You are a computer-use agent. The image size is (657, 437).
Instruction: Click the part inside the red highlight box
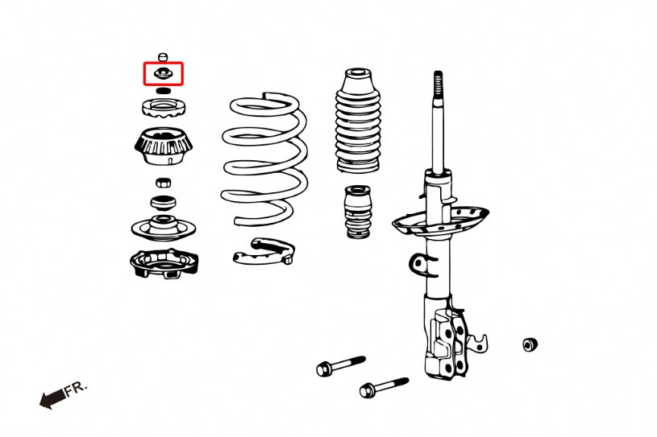coord(163,73)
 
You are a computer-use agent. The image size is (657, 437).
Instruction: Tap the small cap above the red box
coord(163,57)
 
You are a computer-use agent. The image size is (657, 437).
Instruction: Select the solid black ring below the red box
coord(164,91)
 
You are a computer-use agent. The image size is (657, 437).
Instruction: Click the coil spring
coord(264,159)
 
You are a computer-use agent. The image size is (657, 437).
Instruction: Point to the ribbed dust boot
coord(357,121)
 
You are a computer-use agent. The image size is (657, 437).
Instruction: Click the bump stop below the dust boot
coord(358,212)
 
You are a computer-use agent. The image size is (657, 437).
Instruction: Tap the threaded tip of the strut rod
coord(438,84)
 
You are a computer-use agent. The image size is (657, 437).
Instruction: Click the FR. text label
coord(76,388)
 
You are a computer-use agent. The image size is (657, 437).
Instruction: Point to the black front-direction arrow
coord(52,399)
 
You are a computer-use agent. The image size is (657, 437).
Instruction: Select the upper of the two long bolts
coord(341,365)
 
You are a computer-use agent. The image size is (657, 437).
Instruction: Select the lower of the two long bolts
coord(384,387)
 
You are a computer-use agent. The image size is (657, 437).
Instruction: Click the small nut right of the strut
coord(530,344)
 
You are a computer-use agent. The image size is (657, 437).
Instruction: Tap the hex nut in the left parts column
coord(163,183)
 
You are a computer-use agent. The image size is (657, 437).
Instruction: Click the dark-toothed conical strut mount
coord(163,146)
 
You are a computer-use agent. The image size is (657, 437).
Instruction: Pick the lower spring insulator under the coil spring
coord(264,251)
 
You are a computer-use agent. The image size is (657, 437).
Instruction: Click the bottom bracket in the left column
coord(164,263)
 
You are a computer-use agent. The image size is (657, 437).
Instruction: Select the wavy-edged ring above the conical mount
coord(164,108)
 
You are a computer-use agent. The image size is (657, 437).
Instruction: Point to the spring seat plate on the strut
coord(440,221)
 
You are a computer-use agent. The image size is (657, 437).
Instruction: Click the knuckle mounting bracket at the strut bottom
coord(447,339)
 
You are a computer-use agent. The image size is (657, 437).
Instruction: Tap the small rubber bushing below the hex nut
coord(163,204)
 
